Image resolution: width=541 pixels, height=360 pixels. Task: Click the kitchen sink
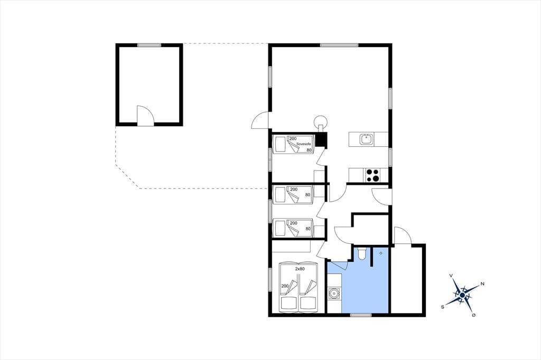366,139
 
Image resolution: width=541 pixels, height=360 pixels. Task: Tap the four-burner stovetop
372,175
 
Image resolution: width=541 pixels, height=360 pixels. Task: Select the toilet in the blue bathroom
361,253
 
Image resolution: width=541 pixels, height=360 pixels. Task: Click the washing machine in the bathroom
334,294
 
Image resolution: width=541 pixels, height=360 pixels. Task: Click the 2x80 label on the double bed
300,269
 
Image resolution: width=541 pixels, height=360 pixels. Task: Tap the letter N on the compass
482,284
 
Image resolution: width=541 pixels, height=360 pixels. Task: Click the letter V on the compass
451,276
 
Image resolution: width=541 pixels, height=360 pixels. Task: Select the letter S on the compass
442,307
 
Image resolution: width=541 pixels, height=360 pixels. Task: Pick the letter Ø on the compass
474,315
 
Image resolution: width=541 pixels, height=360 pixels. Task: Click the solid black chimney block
322,140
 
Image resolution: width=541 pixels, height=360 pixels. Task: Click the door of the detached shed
145,116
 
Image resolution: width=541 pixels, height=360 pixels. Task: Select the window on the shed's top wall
149,45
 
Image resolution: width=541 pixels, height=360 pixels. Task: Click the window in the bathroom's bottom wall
361,315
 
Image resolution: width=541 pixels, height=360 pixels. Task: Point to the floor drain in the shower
380,253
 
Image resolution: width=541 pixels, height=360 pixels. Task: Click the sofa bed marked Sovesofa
293,144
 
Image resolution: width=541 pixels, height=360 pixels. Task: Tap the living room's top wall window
339,45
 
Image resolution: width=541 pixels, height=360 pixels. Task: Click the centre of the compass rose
462,295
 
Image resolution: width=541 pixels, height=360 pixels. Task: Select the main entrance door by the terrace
260,121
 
